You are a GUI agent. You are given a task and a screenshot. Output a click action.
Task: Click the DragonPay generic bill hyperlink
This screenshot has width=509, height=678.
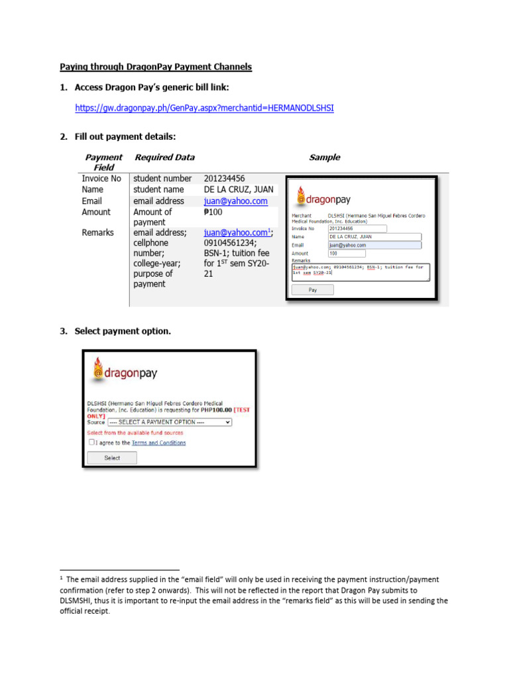(204, 107)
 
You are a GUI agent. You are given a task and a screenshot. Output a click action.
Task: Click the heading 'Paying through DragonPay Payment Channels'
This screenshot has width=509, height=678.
(156, 67)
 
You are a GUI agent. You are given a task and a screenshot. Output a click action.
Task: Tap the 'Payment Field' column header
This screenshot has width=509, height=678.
(103, 162)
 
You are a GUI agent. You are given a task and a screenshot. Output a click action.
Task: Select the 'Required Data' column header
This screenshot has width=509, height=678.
(164, 158)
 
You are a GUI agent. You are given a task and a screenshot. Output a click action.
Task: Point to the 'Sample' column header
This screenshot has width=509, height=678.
(324, 158)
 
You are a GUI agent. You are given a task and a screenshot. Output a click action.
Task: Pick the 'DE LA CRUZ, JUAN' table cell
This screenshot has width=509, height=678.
(238, 189)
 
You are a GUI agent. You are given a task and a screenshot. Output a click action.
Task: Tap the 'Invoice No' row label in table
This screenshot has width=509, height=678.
(101, 179)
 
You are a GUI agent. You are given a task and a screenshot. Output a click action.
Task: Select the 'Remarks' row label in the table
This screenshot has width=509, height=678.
(97, 232)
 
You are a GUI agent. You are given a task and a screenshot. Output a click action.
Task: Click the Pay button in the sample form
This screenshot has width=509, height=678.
(312, 290)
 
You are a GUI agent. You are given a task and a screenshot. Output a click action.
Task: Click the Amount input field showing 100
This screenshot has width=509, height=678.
(347, 253)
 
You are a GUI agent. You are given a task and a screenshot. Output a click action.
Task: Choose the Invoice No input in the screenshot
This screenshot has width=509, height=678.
(357, 228)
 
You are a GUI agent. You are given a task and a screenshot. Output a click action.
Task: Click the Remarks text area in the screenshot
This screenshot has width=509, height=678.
(361, 271)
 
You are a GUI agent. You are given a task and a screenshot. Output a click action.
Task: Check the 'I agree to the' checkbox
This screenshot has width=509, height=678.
(91, 442)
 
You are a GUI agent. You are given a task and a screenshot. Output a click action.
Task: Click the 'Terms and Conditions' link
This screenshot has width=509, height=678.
(158, 443)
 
